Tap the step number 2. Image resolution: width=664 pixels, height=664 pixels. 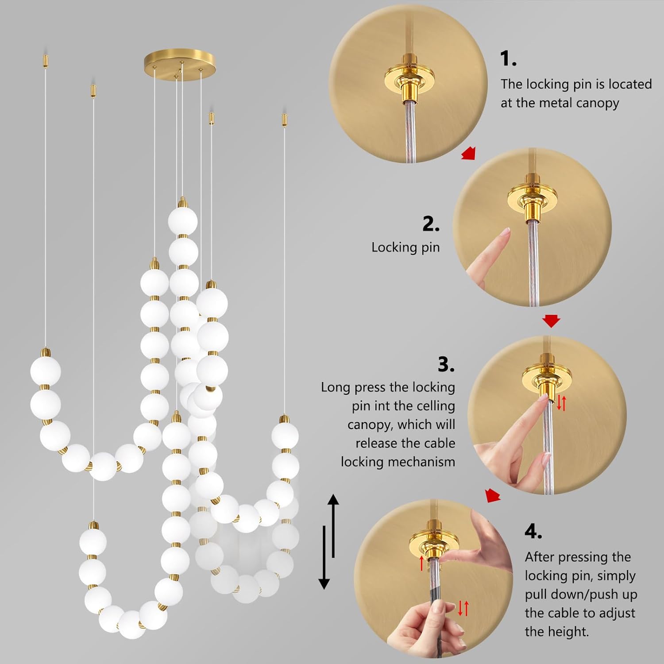tap(430, 224)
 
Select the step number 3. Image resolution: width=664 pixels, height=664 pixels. tap(446, 364)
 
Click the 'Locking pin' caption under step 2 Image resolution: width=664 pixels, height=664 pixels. tap(405, 247)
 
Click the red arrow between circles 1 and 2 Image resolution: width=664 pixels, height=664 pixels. tap(468, 153)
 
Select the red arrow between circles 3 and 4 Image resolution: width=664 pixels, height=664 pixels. tap(493, 496)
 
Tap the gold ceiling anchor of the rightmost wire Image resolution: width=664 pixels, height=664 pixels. tap(284, 120)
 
